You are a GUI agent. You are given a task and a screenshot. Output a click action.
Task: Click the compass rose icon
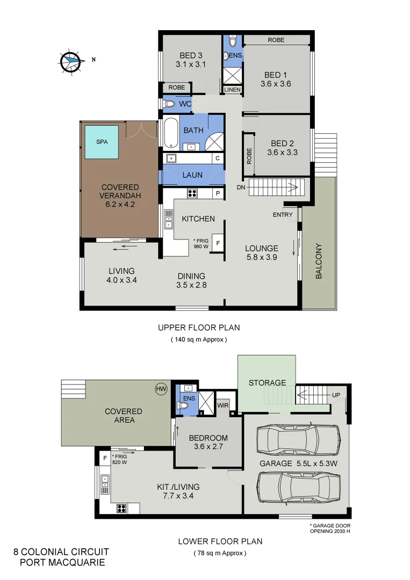tap(70, 61)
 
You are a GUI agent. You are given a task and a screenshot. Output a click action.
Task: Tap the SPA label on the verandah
tap(101, 142)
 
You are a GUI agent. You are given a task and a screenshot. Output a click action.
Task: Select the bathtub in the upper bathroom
tap(169, 133)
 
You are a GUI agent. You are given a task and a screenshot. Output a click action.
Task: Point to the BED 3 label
tap(191, 54)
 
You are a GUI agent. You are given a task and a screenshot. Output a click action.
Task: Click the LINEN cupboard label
tap(232, 90)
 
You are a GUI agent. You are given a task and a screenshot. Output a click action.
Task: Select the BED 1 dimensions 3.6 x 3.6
tap(276, 84)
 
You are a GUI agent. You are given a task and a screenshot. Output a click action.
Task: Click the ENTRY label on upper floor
tap(283, 215)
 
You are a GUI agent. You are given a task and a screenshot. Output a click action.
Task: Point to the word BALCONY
tap(319, 261)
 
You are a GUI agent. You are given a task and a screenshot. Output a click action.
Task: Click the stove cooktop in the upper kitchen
tap(192, 193)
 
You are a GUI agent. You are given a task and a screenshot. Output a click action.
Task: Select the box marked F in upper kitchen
tap(218, 243)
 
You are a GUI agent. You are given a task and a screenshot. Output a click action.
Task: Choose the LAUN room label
tap(192, 175)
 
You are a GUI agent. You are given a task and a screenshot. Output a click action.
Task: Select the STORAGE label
tap(267, 383)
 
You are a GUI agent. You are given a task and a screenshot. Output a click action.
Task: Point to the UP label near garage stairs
tap(336, 395)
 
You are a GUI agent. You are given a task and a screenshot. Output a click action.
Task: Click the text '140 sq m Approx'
tap(198, 339)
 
